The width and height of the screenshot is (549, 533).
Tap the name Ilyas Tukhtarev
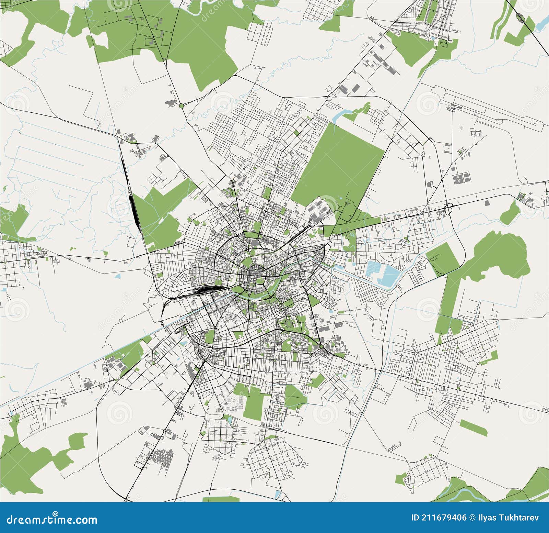508,518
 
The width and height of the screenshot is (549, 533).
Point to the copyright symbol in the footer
473,518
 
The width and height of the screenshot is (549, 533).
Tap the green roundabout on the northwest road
181,105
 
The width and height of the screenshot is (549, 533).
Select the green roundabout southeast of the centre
321,347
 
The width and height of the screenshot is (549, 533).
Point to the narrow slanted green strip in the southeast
474,427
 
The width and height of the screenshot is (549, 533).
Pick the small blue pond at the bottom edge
278,495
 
